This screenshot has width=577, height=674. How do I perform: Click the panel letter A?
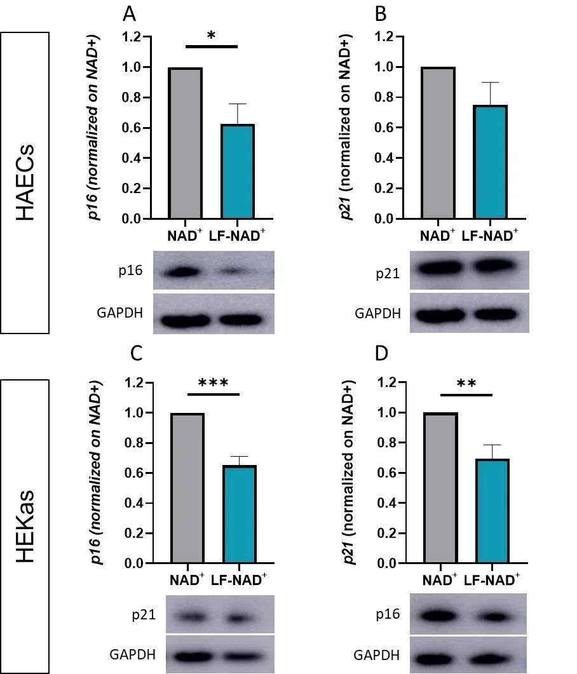[x=129, y=14]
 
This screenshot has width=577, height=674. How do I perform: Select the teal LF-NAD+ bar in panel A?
[x=238, y=171]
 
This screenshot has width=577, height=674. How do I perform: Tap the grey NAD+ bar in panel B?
[x=438, y=143]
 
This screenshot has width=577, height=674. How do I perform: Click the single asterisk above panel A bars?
[x=211, y=35]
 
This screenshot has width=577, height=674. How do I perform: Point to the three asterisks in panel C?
[x=214, y=382]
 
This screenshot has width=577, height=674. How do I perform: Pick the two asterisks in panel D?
[x=466, y=383]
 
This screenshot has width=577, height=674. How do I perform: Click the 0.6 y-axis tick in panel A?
[x=132, y=128]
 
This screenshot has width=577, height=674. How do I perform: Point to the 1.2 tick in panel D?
[x=387, y=382]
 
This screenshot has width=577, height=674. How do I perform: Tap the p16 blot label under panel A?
[x=131, y=271]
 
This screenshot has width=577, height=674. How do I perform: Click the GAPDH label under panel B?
[x=377, y=313]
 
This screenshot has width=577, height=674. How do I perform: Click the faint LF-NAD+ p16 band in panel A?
[x=232, y=271]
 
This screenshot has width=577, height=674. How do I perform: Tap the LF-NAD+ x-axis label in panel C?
[x=239, y=580]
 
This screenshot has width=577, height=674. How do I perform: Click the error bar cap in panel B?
[x=490, y=82]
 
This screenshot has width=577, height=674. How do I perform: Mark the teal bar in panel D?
[x=493, y=511]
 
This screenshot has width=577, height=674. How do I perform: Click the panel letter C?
[x=136, y=353]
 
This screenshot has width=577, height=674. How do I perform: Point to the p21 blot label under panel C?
[x=144, y=615]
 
